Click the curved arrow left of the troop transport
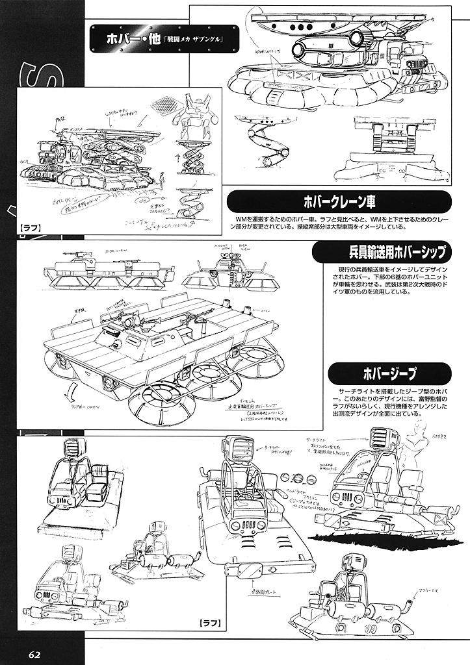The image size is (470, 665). [75, 394]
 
